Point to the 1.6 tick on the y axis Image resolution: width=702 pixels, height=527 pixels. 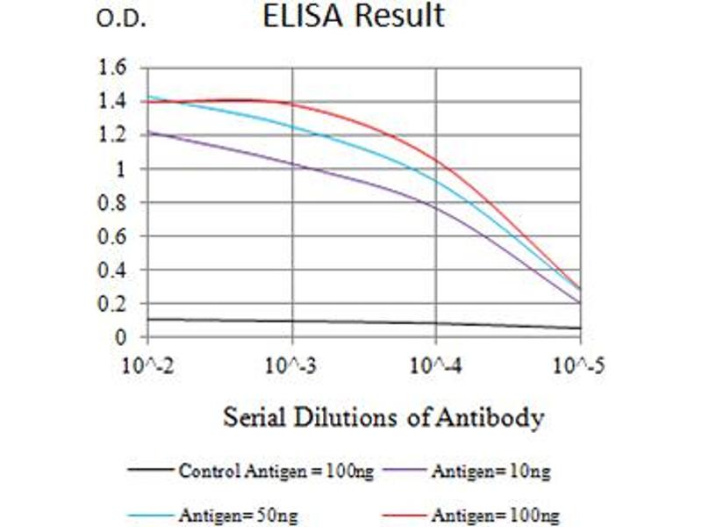point(115,68)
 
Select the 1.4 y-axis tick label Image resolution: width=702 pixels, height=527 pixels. point(115,102)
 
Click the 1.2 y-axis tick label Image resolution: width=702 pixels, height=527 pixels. point(115,135)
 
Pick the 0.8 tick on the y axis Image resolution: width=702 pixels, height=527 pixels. point(115,203)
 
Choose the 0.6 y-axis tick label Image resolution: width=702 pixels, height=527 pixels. point(115,236)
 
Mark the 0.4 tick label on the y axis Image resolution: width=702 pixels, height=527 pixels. point(115,271)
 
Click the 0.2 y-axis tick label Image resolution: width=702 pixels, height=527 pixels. point(115,304)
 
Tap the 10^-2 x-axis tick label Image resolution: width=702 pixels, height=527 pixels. point(148,363)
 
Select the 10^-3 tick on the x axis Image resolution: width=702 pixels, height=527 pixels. point(292,363)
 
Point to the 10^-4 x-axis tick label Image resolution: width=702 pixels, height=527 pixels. point(436,363)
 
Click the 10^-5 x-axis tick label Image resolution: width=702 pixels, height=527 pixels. point(580,363)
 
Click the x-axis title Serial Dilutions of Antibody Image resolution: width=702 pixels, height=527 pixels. point(383,416)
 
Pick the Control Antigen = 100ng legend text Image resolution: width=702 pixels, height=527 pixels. point(276,472)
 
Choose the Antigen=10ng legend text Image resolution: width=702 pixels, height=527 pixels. point(491,472)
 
